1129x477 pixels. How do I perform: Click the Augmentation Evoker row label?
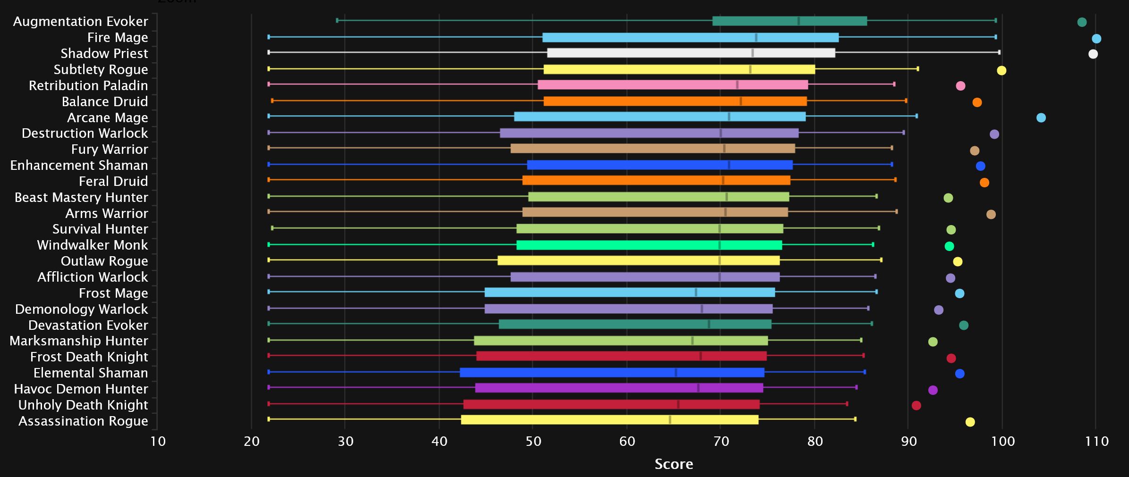click(x=80, y=22)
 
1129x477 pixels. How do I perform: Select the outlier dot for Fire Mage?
click(x=1096, y=39)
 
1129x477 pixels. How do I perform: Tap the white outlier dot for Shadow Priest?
click(x=1093, y=54)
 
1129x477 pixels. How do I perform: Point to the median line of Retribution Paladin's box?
click(x=737, y=85)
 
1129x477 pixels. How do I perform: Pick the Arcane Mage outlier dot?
click(x=1041, y=118)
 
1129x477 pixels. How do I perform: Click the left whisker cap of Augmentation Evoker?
click(x=337, y=20)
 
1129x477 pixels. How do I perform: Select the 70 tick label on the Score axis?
click(x=721, y=442)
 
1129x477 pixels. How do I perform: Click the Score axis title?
click(x=674, y=464)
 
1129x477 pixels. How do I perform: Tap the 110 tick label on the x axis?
click(x=1096, y=442)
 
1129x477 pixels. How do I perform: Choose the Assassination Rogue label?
click(x=83, y=421)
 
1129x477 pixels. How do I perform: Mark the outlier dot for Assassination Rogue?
click(x=970, y=422)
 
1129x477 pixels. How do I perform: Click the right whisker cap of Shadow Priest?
click(x=999, y=52)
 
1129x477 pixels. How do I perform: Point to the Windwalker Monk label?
click(x=92, y=245)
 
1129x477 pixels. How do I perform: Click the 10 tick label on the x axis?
click(x=158, y=442)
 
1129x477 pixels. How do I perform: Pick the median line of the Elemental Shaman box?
click(x=676, y=373)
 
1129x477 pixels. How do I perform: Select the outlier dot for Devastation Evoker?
click(x=964, y=326)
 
